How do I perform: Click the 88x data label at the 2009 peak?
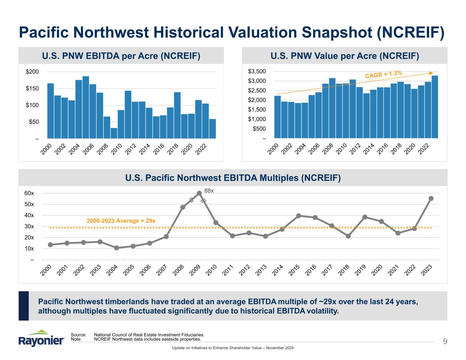(209, 190)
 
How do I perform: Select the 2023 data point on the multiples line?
(431, 199)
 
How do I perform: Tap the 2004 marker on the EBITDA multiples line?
(116, 248)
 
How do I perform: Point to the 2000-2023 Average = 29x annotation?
(121, 221)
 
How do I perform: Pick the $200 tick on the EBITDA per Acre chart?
(32, 72)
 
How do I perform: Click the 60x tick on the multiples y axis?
(30, 193)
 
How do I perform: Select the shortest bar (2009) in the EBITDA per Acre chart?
(114, 133)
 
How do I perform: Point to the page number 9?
(445, 341)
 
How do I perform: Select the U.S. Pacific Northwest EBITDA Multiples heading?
(233, 178)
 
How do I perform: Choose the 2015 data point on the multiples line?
(299, 216)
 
